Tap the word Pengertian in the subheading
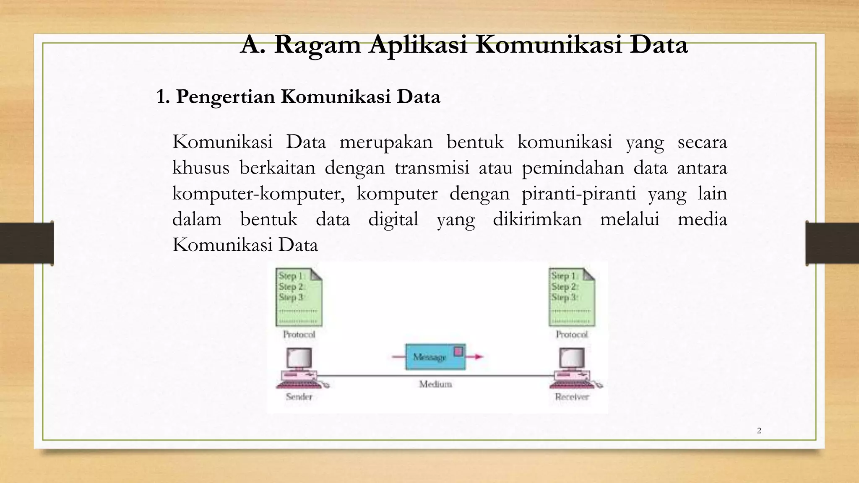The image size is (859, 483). tap(226, 96)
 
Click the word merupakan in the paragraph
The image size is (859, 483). tap(386, 142)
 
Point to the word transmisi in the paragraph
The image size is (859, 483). tap(432, 168)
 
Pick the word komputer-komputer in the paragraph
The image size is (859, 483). tap(258, 193)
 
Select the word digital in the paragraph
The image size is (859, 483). tap(393, 219)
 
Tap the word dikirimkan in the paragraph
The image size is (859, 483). tap(537, 219)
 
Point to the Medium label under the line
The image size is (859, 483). tap(435, 384)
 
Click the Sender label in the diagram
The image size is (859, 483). tap(299, 397)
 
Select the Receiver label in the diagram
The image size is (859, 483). tap(572, 397)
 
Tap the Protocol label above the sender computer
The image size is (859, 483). tap(299, 335)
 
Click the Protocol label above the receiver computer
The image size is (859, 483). tap(572, 335)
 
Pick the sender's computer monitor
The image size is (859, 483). tap(299, 358)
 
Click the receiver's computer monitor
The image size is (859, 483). tap(572, 358)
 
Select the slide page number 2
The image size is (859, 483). tap(759, 431)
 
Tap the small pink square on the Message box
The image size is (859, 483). tap(458, 351)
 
